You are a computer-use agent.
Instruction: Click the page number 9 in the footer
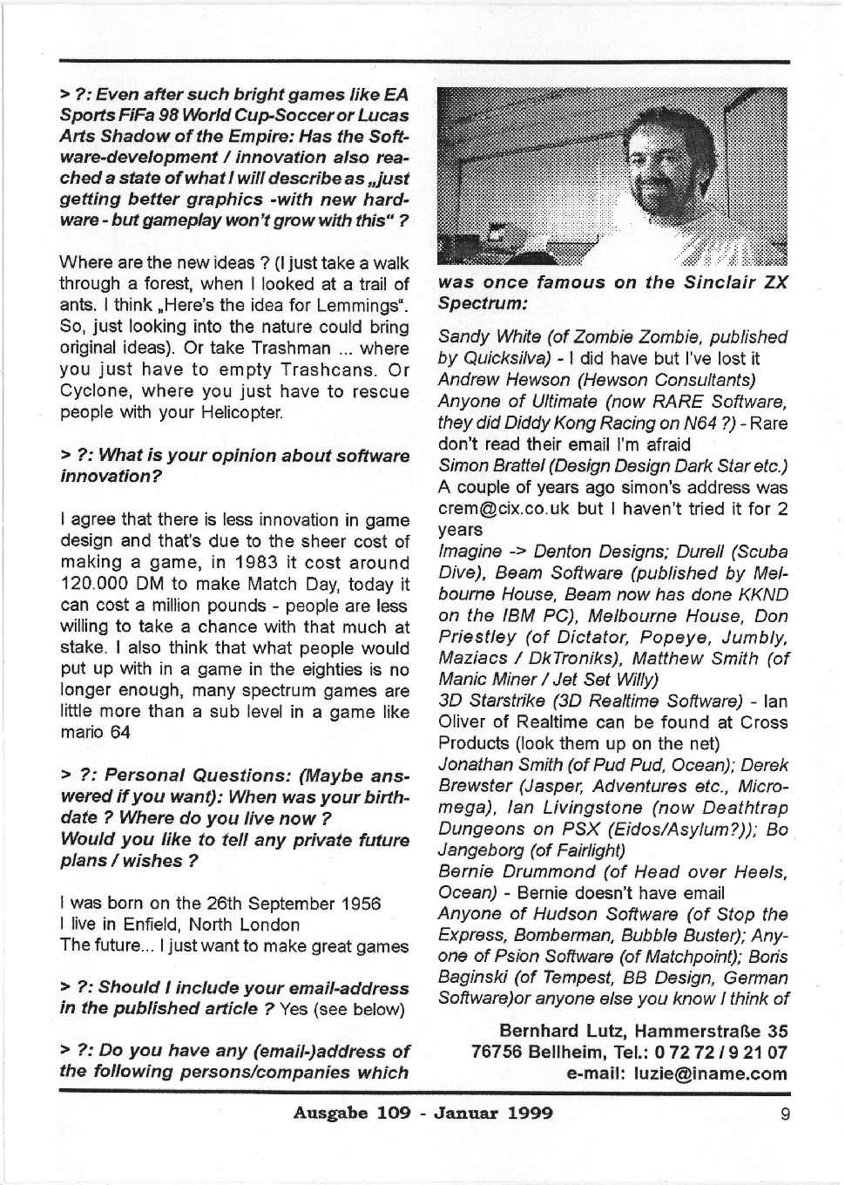pyautogui.click(x=785, y=1113)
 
